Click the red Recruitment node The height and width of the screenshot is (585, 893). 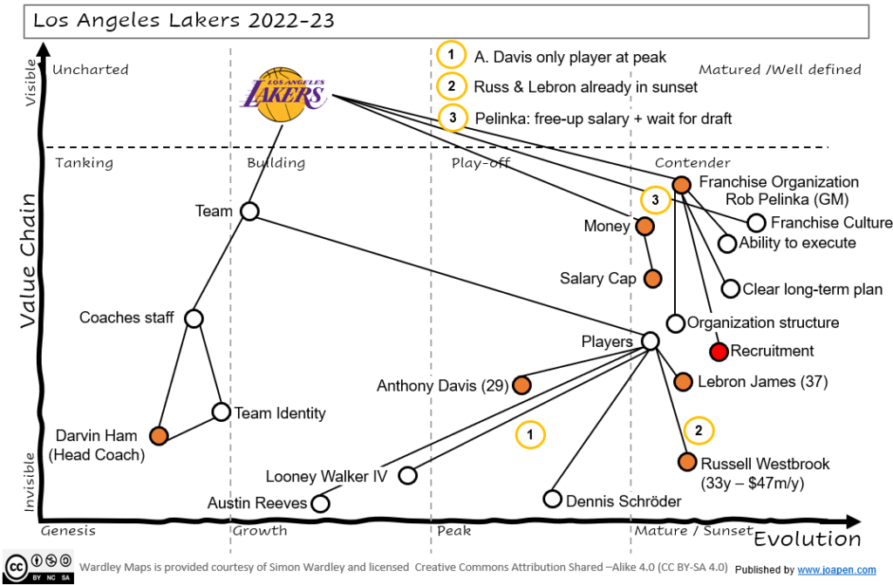pos(719,351)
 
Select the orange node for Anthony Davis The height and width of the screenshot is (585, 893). pos(522,384)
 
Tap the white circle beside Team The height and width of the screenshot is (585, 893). pos(249,211)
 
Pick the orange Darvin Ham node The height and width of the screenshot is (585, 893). pos(159,435)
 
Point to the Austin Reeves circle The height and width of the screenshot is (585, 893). pos(321,503)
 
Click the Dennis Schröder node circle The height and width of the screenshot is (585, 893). pos(552,499)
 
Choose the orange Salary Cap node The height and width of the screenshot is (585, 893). pos(652,279)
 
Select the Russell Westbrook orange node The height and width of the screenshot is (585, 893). pos(687,463)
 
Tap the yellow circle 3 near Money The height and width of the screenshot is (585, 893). pos(655,201)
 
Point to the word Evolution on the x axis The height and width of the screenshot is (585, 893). pos(807,538)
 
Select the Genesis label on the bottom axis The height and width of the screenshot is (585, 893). pos(68,530)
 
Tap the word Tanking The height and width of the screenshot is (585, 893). pos(85,163)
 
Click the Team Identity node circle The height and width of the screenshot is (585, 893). pos(222,412)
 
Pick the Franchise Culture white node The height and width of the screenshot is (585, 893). pos(756,223)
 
